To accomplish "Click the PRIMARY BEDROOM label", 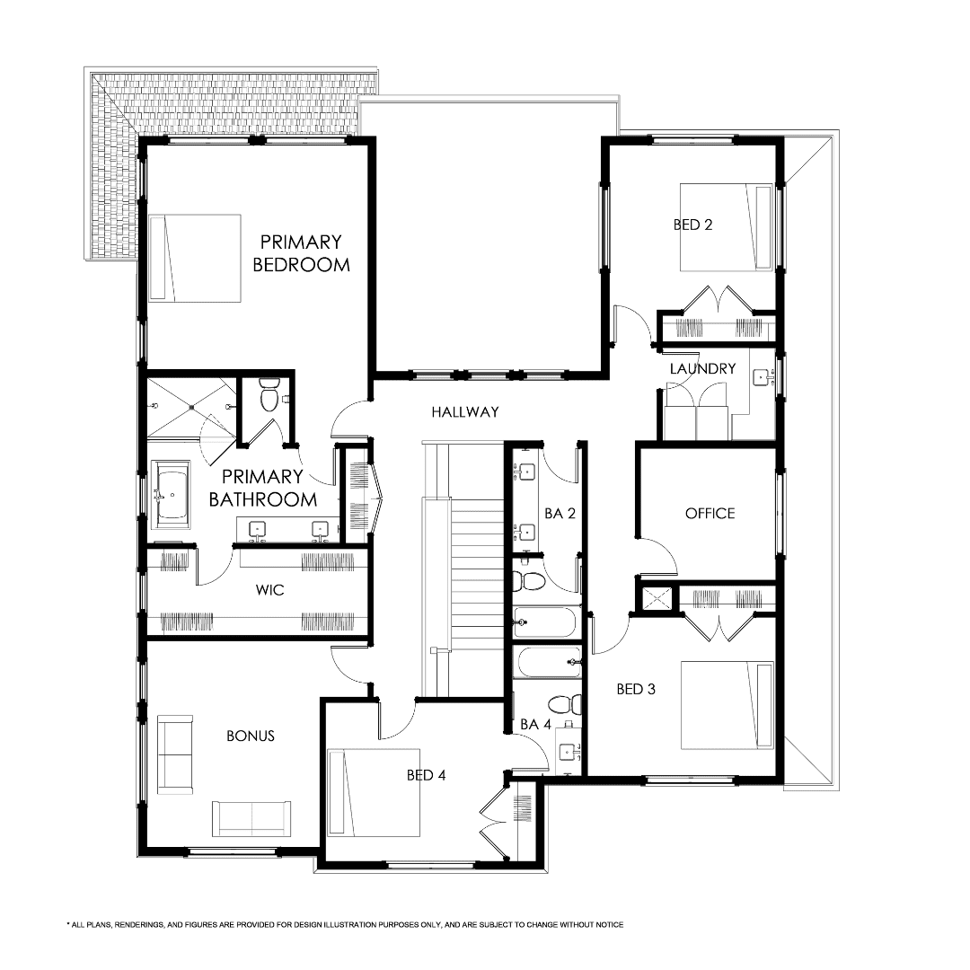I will [x=301, y=253].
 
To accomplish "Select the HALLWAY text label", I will [x=464, y=412].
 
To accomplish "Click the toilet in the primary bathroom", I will [x=268, y=396].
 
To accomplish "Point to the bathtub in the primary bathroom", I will [x=171, y=493].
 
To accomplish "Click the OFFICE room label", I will [x=710, y=513].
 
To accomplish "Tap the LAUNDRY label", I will [x=702, y=368].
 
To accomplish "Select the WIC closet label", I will [x=270, y=591].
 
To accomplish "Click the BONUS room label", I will [x=250, y=736].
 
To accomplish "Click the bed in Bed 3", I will [x=727, y=705].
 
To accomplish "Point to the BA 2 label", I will [x=560, y=514].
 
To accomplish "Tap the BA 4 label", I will [x=535, y=724].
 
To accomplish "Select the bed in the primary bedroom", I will [x=195, y=258].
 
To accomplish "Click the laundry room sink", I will [x=763, y=378].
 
